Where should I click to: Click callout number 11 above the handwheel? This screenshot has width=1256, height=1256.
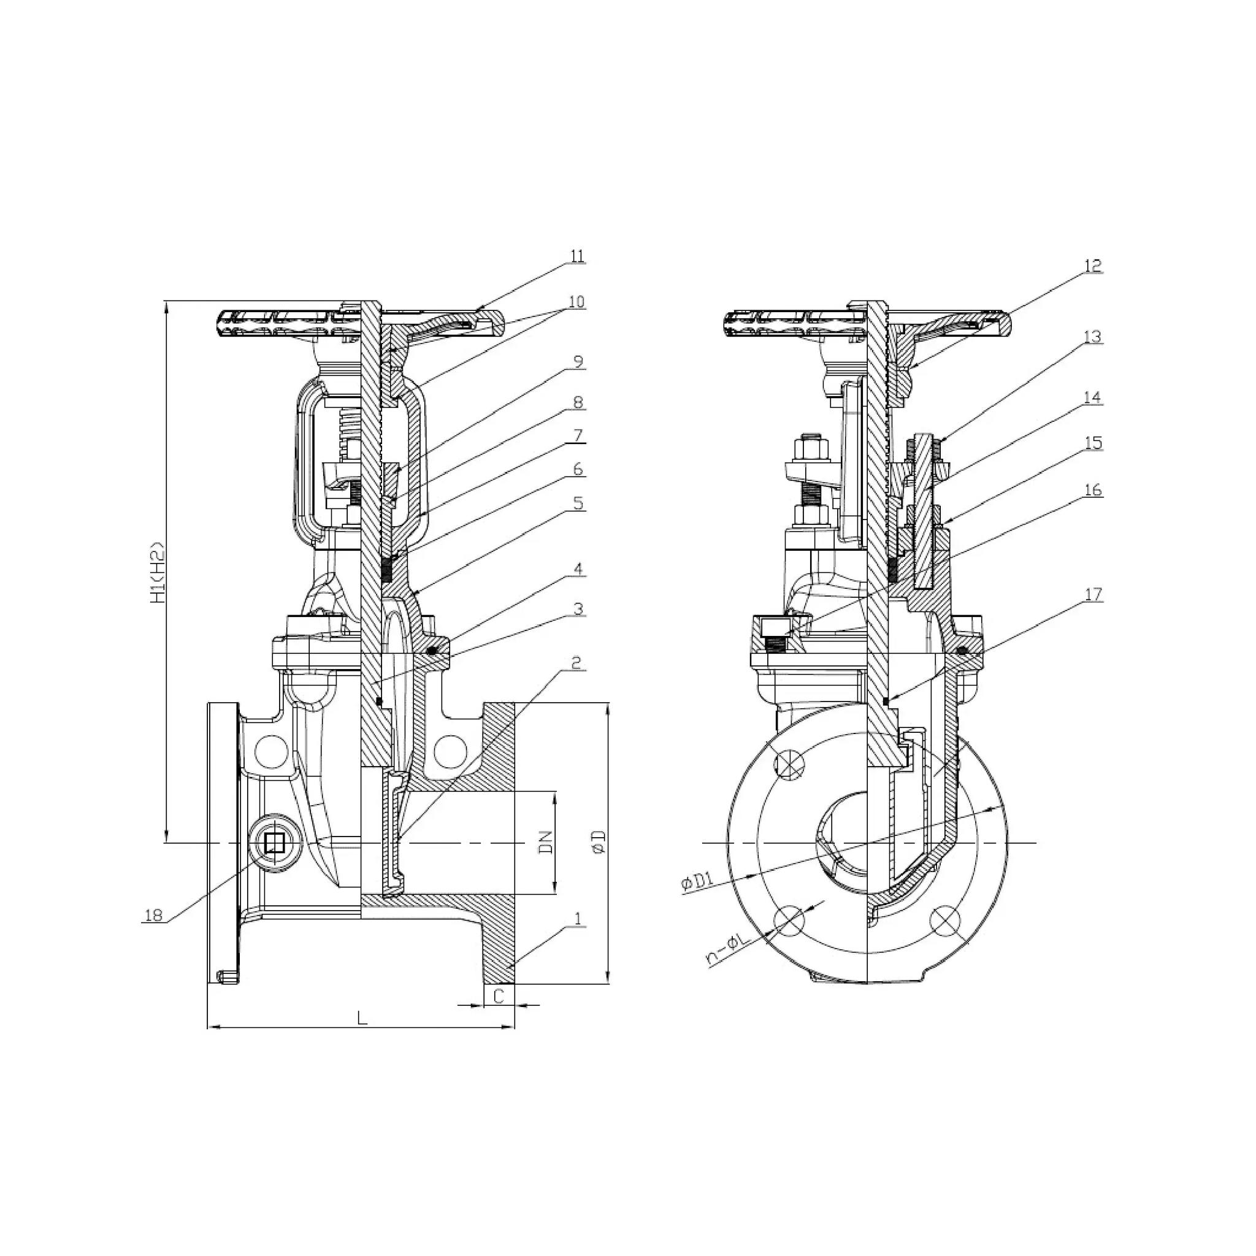tap(577, 256)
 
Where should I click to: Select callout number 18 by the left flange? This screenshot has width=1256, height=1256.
tap(153, 916)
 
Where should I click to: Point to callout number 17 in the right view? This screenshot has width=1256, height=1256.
tap(1093, 594)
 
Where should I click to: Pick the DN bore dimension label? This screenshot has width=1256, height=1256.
tap(546, 842)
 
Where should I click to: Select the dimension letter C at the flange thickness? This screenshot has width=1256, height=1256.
tap(499, 996)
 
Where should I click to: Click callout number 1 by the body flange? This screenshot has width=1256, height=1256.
tap(576, 918)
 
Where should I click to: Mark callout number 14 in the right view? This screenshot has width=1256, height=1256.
tap(1093, 397)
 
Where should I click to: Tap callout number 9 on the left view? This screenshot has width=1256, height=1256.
tap(577, 361)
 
